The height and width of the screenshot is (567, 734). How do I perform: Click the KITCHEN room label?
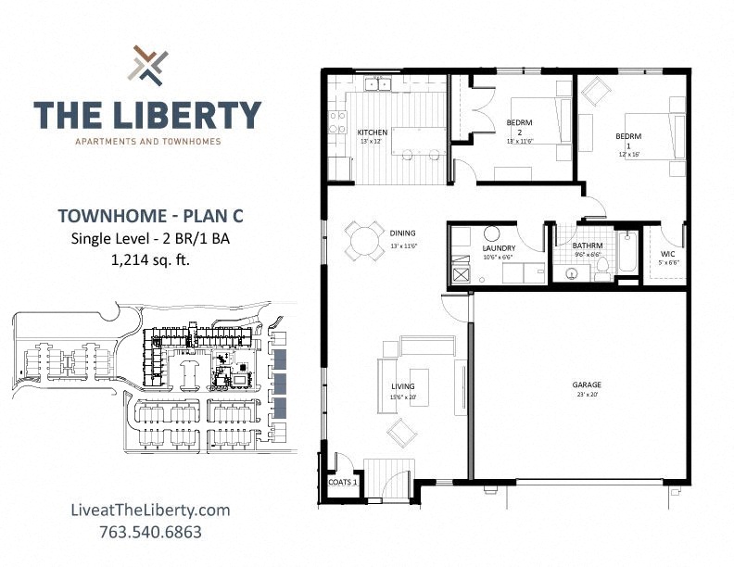click(x=373, y=132)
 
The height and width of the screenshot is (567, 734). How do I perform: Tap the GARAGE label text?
click(x=587, y=384)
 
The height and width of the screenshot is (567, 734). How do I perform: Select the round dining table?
click(x=364, y=240)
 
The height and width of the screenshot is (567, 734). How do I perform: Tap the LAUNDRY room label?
click(x=499, y=248)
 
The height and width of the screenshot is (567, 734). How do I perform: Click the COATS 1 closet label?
click(x=343, y=483)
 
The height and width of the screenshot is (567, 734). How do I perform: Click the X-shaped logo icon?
click(x=148, y=65)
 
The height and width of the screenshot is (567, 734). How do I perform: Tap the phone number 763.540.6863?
click(x=149, y=532)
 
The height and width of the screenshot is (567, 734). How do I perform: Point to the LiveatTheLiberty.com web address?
click(x=149, y=510)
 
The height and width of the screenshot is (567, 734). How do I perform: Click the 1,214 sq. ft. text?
click(x=149, y=259)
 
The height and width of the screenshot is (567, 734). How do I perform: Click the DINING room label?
click(x=403, y=233)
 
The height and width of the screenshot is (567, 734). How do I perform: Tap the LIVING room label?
click(x=402, y=386)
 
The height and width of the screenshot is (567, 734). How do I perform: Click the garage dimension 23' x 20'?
click(x=587, y=394)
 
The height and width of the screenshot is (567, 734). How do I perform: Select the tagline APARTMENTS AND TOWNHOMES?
click(x=147, y=142)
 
